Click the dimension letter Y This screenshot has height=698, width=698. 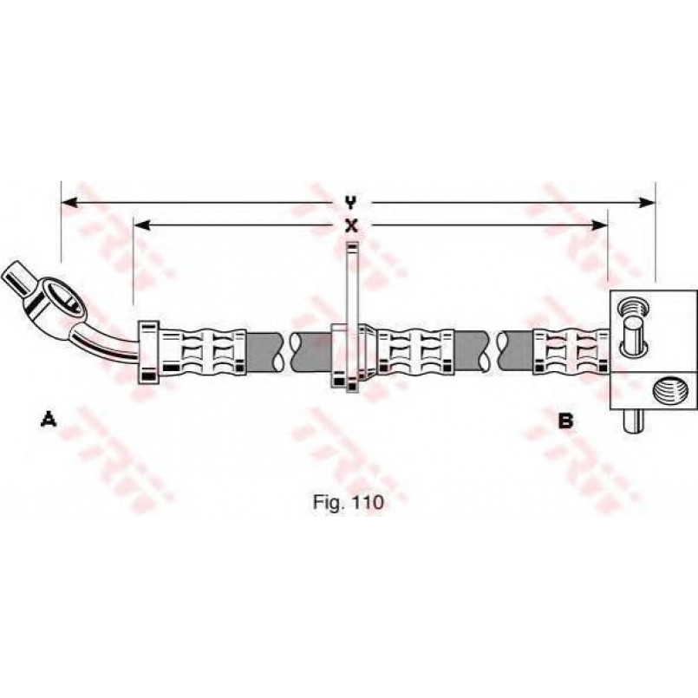click(351, 203)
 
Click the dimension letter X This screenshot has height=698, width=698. click(352, 225)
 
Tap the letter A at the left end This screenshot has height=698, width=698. click(49, 420)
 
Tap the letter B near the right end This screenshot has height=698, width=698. click(565, 421)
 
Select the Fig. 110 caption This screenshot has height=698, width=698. click(348, 502)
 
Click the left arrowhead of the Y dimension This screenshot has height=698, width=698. click(70, 203)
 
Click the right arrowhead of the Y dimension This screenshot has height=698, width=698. click(646, 203)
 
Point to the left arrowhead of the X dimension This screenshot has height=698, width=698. click(142, 225)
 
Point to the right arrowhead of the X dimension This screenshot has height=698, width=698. click(599, 225)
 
